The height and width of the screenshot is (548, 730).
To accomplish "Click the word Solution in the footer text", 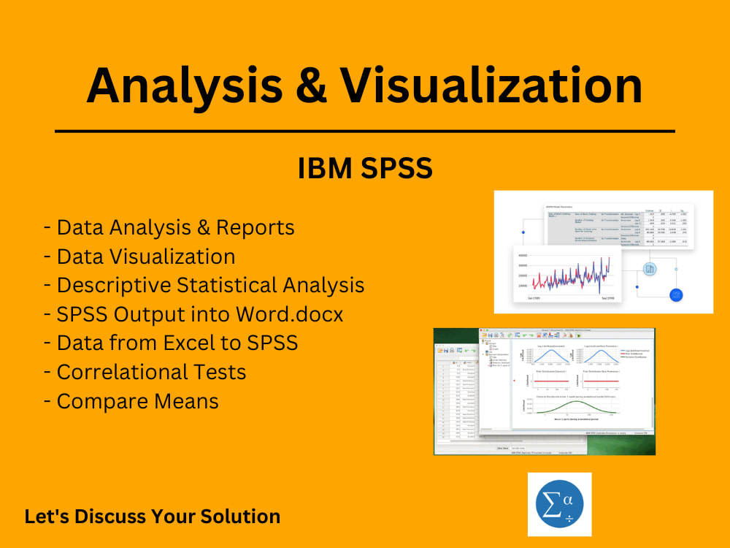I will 240,516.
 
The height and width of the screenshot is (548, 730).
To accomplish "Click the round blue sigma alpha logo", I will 559,504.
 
